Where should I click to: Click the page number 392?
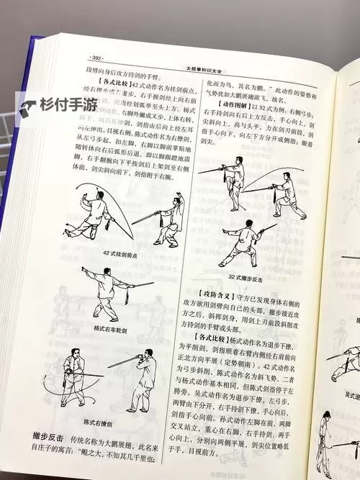click(x=94, y=57)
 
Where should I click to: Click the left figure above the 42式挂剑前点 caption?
click(x=94, y=212)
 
